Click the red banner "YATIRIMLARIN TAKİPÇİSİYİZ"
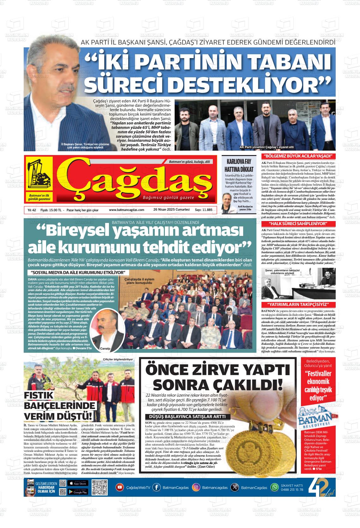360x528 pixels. click(298, 305)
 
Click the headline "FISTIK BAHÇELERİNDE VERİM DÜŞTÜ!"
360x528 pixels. click(60, 405)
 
